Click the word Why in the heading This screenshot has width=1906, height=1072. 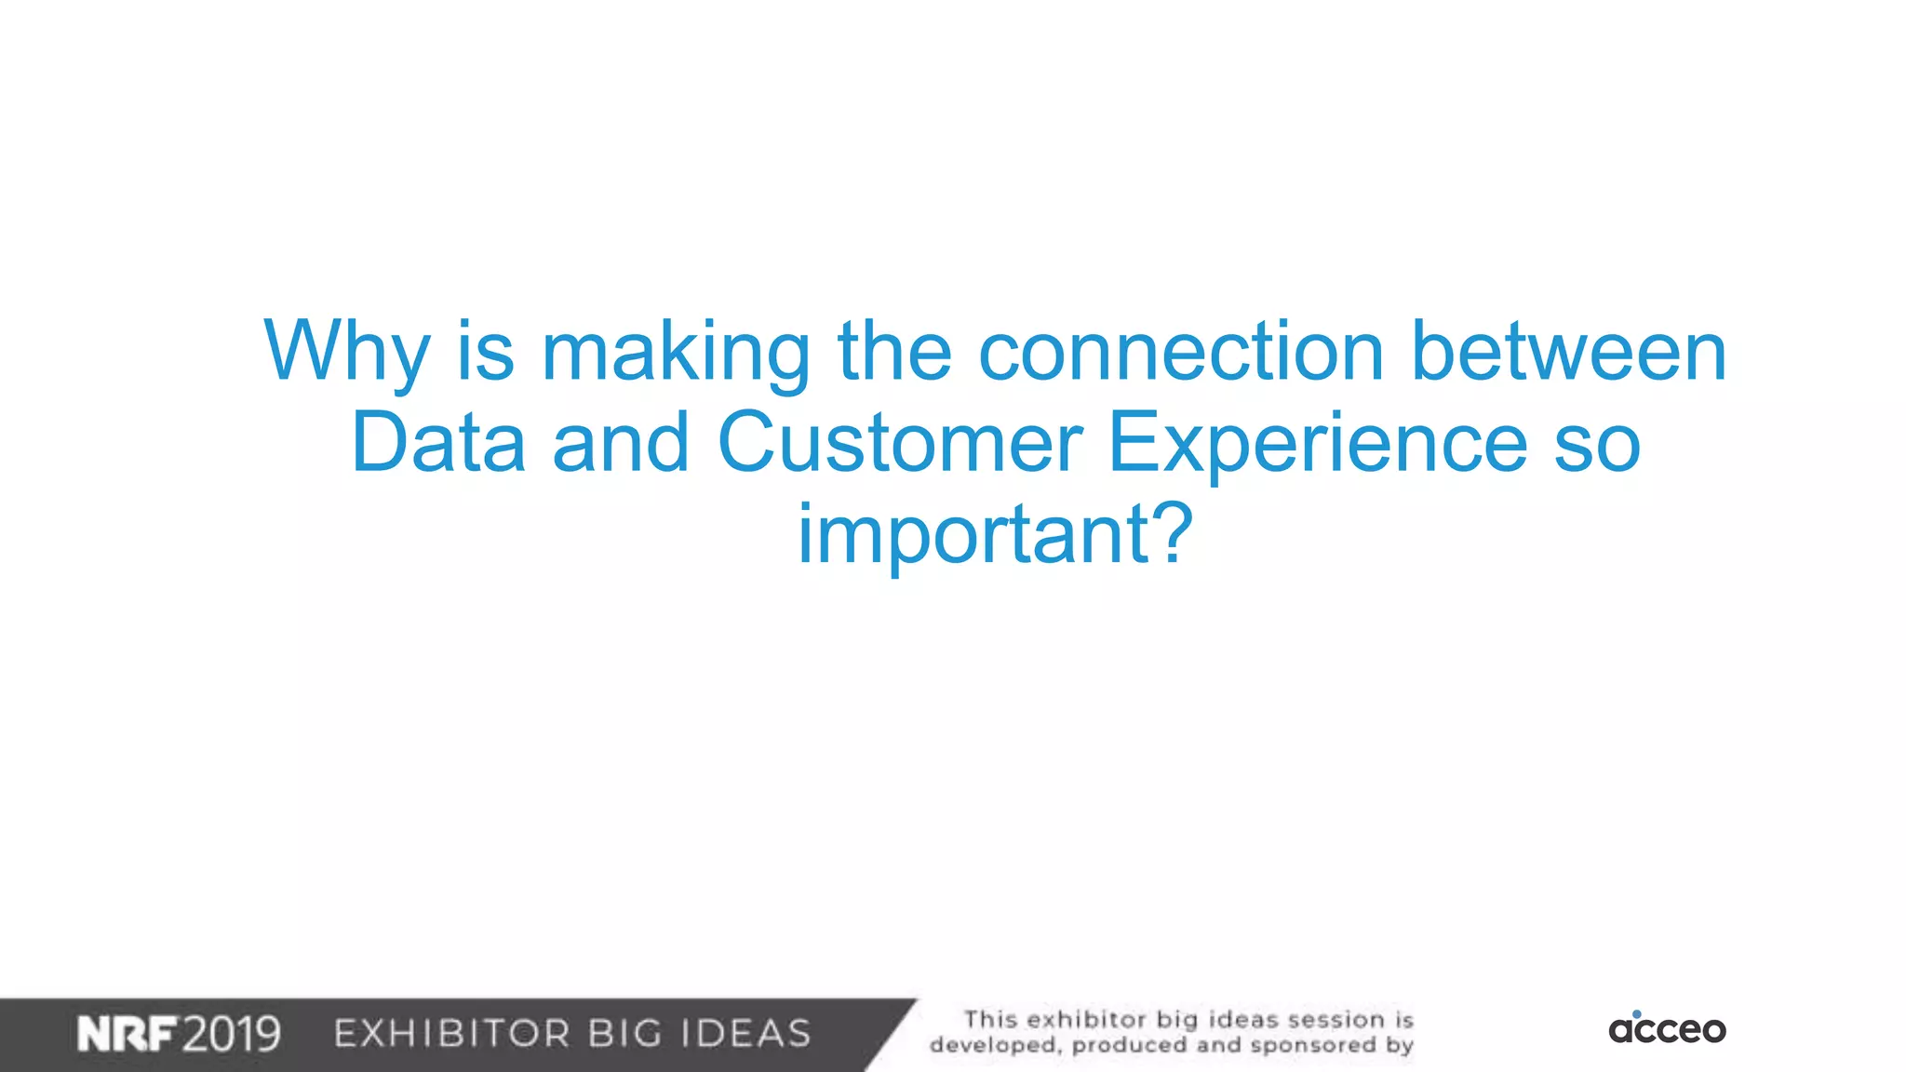click(346, 352)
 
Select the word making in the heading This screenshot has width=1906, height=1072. click(676, 352)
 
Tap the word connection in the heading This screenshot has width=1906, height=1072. click(1181, 352)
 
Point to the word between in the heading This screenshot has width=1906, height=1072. click(1569, 352)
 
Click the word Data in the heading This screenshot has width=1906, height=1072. click(438, 442)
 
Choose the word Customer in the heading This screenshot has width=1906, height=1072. click(900, 442)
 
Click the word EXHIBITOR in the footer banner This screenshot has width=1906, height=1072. click(452, 1034)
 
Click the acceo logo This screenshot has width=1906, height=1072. click(1667, 1029)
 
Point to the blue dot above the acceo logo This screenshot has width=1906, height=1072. click(1637, 1013)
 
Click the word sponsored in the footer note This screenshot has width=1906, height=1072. click(1313, 1045)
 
